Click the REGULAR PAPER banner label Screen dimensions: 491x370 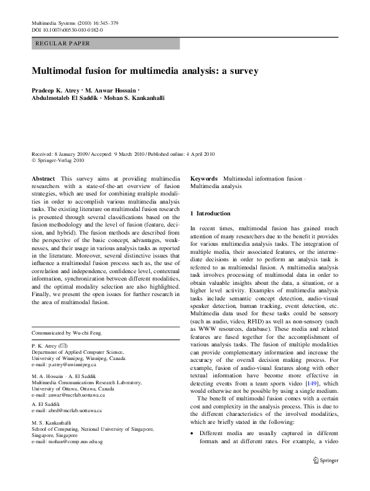63,43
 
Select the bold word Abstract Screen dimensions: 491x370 42,178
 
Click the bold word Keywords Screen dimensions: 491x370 204,178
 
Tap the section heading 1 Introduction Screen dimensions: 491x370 210,214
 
